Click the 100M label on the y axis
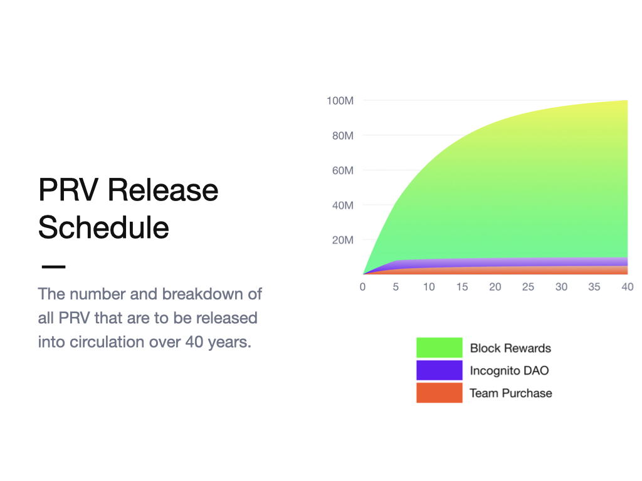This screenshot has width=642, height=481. pos(340,101)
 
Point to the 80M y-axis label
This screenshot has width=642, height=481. pos(343,136)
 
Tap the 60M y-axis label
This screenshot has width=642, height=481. pos(343,170)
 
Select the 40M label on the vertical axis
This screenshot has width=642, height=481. pos(343,205)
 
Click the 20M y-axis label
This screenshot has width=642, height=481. pos(343,240)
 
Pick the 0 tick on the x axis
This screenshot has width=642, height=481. pos(362,287)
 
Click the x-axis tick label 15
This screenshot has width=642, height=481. pos(462,287)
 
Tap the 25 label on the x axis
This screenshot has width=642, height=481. pos(528,287)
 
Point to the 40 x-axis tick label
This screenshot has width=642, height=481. pos(627,287)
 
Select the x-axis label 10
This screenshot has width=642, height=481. pos(429,287)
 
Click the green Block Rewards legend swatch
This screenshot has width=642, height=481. pos(439,348)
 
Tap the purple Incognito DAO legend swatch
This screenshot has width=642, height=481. pos(439,370)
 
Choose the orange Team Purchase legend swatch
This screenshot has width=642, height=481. pos(439,393)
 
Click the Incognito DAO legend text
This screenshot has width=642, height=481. pos(509,371)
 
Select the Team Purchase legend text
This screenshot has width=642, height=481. pos(511,393)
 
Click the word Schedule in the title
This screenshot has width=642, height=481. pos(103,227)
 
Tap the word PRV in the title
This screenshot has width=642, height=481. pos(68,190)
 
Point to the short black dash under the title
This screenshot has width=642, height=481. pos(54,267)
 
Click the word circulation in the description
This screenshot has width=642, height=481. pos(107,342)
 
